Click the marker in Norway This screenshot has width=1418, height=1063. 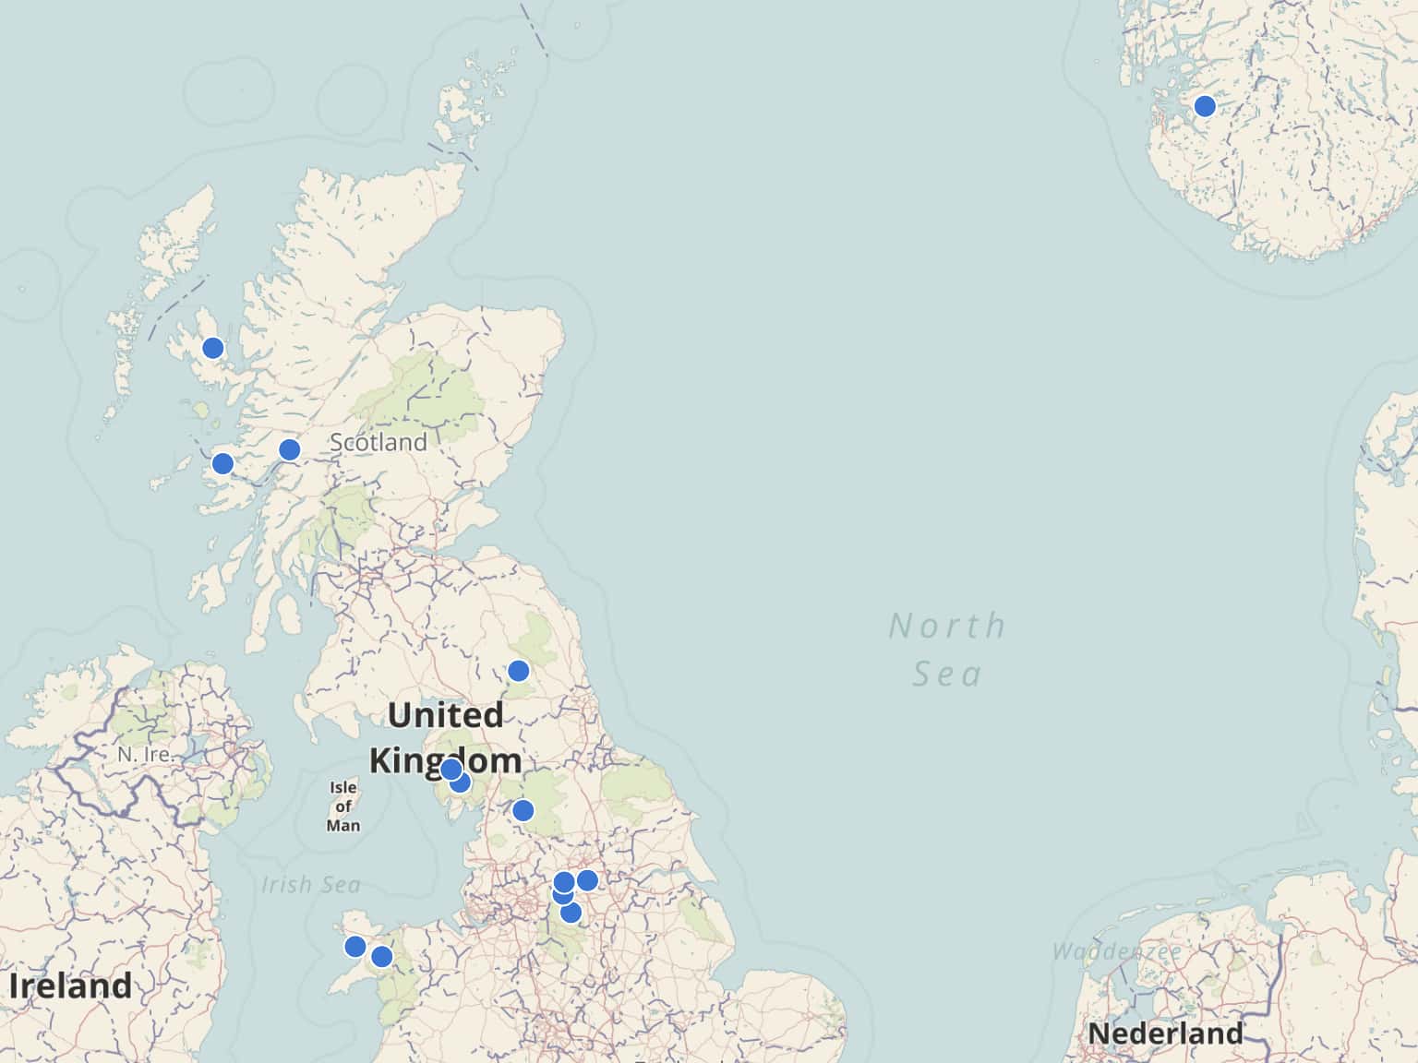[x=1204, y=106]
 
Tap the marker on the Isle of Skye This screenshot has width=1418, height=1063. [x=213, y=348]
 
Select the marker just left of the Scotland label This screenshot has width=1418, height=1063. [x=289, y=449]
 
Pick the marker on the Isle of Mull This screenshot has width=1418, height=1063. [x=222, y=463]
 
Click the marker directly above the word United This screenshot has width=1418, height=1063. [x=519, y=671]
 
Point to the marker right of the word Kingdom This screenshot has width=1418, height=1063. [x=523, y=811]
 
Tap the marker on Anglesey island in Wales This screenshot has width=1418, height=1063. [x=355, y=947]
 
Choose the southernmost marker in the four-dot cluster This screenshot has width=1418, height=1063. [x=571, y=913]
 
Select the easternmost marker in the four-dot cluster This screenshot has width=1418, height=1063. [x=587, y=880]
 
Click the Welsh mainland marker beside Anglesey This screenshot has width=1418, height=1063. [x=381, y=957]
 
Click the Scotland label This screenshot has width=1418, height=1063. [x=379, y=442]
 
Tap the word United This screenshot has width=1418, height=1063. [x=446, y=715]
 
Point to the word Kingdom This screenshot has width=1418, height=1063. [x=446, y=761]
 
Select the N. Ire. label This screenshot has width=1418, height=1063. [x=145, y=754]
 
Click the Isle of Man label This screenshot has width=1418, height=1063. [x=343, y=806]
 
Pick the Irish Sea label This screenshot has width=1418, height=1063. [x=311, y=885]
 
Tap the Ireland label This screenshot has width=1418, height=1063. [x=71, y=985]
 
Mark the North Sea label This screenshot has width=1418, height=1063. [x=947, y=650]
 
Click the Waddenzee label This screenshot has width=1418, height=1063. [x=1116, y=951]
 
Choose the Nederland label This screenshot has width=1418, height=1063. [x=1166, y=1033]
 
